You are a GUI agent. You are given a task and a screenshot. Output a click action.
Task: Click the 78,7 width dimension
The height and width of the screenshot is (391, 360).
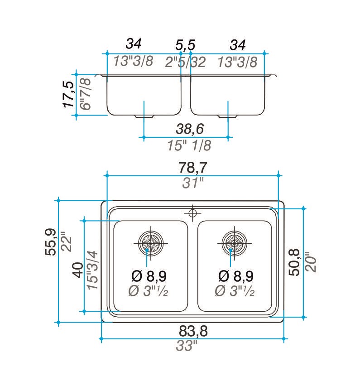(x=192, y=168)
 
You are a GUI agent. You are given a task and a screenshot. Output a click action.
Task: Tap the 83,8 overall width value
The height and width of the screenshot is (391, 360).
(x=193, y=331)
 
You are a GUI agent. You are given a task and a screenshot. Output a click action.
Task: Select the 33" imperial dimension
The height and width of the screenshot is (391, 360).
(x=186, y=346)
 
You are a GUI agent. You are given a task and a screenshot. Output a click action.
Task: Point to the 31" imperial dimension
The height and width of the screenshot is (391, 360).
(x=193, y=183)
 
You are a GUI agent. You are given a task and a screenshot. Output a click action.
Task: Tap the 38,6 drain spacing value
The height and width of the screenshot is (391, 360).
(x=190, y=129)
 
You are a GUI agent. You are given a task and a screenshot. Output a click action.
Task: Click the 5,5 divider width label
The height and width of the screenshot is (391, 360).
(x=185, y=45)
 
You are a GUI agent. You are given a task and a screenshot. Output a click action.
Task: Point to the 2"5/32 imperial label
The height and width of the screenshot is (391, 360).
(x=185, y=62)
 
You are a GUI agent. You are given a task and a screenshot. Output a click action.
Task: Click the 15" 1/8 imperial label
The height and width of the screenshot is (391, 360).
(x=189, y=145)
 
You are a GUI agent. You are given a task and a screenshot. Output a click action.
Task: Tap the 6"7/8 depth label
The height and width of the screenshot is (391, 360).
(x=86, y=94)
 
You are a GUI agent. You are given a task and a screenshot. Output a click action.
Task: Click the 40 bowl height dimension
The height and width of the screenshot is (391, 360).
(x=78, y=270)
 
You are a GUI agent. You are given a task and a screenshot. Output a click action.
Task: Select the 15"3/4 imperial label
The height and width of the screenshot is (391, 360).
(x=93, y=270)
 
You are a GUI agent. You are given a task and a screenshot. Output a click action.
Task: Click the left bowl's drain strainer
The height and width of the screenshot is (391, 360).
(x=151, y=243)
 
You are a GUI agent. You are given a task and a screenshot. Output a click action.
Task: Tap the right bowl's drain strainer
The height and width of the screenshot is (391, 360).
(x=235, y=243)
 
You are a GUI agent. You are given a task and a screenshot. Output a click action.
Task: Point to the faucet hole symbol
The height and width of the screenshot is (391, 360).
(x=193, y=213)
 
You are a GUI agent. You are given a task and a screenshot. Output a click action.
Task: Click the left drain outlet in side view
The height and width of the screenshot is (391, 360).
(x=144, y=116)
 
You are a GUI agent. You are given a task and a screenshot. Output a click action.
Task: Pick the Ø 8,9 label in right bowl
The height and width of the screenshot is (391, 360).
(x=236, y=276)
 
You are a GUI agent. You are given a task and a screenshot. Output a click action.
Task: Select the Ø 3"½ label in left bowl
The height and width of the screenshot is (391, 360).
(x=148, y=291)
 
